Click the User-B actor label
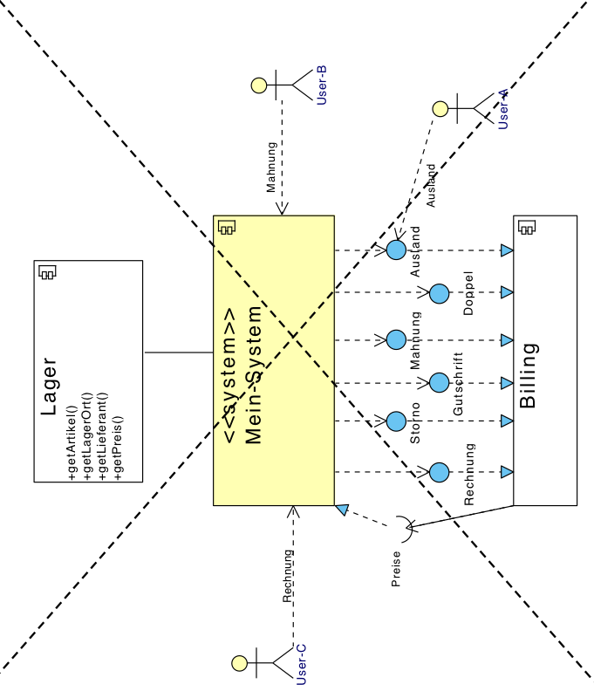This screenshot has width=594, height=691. tap(322, 86)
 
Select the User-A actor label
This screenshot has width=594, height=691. tap(503, 110)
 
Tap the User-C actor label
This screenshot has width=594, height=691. tap(302, 664)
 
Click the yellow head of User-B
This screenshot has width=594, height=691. tap(258, 86)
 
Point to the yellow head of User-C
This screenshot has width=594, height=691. tap(238, 663)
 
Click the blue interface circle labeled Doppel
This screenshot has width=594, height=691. tap(440, 293)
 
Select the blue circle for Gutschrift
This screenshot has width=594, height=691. tap(440, 382)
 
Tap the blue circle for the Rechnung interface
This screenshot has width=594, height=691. tap(440, 472)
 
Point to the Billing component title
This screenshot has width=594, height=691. tap(529, 376)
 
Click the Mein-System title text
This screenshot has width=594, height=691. tap(254, 374)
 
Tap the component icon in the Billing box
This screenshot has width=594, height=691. tap(527, 227)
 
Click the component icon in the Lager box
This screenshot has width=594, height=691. tap(47, 272)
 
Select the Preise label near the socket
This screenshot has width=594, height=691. tap(396, 568)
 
